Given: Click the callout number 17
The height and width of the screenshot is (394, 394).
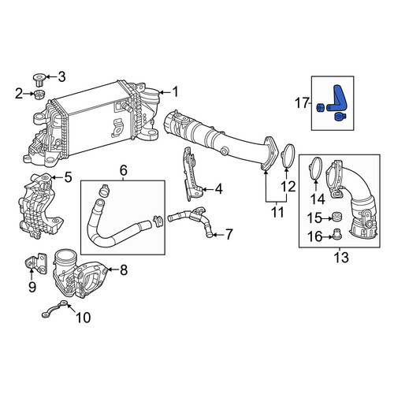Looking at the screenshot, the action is coord(302,103).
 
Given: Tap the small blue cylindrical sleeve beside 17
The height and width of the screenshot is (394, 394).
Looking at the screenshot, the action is coord(321,108).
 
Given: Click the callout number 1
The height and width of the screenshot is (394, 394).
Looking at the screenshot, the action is coord(175,92).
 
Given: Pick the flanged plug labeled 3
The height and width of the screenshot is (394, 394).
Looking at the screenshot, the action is coord(39,80).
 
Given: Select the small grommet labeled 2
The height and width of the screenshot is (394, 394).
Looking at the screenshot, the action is coord(39,95).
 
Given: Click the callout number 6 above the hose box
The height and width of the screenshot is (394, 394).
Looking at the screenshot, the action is coord(124,170).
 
